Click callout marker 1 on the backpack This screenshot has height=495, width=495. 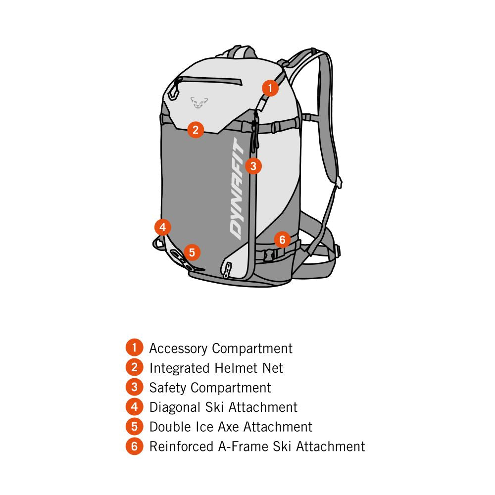(270, 88)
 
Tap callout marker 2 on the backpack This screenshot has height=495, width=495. (196, 130)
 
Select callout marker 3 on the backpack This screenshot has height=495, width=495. (253, 165)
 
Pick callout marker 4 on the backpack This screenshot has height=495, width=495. (162, 227)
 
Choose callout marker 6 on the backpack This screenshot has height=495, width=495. (282, 240)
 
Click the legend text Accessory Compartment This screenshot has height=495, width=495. (221, 348)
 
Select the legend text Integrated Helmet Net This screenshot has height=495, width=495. (216, 368)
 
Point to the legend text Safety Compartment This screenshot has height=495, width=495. (210, 388)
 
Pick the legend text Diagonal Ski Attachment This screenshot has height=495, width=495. (223, 407)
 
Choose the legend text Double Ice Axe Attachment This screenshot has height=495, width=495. (231, 427)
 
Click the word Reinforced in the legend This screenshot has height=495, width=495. (181, 446)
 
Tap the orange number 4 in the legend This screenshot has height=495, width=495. (134, 407)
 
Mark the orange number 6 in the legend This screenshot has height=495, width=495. (134, 446)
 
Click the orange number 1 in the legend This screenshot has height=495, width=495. (134, 348)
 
